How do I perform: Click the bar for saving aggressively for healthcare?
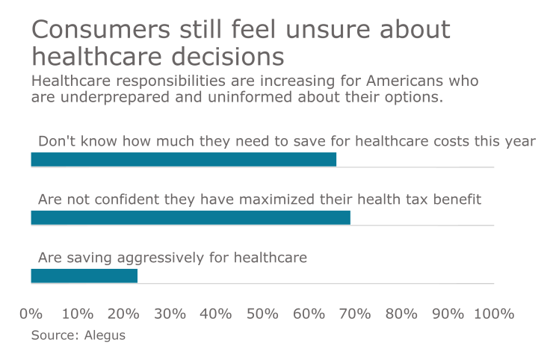(x=84, y=276)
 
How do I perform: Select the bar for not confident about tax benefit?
(x=191, y=217)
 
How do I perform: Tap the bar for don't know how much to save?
(x=183, y=159)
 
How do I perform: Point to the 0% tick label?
(x=31, y=314)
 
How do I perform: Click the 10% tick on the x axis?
(x=77, y=314)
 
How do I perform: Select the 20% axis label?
(x=123, y=314)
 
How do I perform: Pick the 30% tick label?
(x=170, y=314)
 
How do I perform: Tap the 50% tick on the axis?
(x=262, y=314)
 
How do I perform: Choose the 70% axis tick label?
(x=355, y=314)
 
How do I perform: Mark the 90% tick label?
(x=448, y=314)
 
